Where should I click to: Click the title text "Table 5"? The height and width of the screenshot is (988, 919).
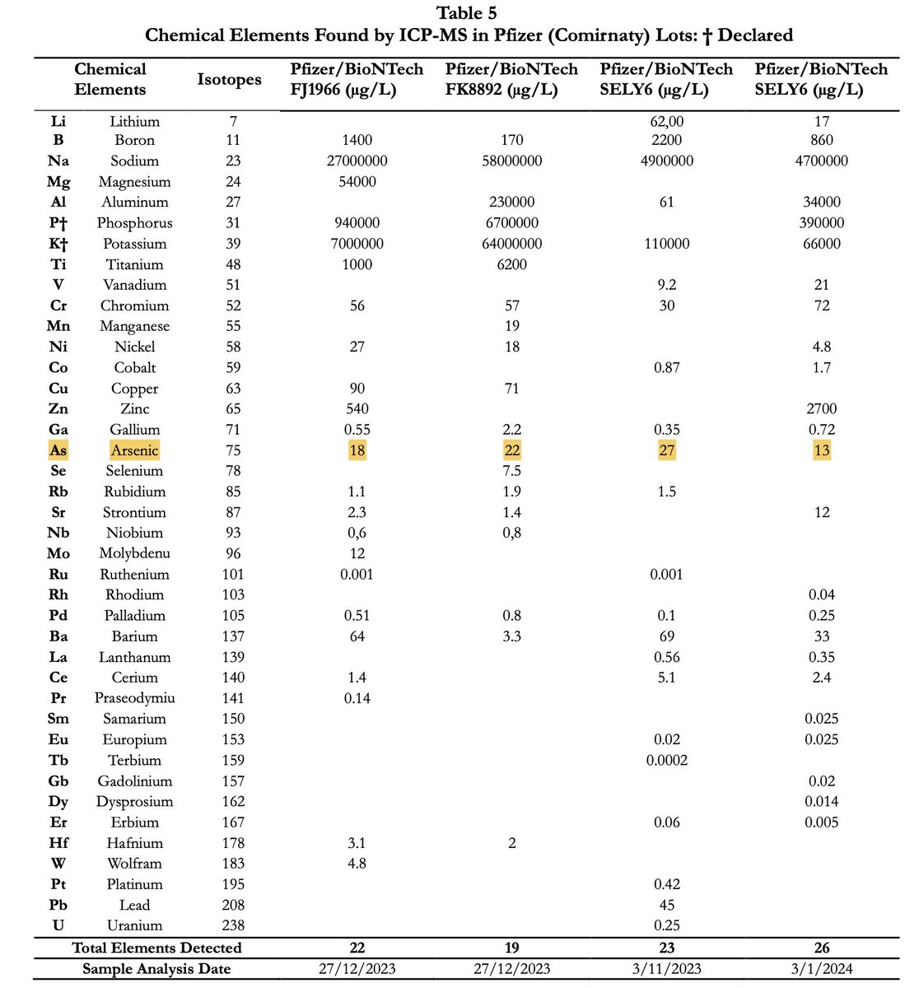tap(466, 13)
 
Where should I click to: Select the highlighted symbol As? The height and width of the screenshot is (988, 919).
tap(58, 450)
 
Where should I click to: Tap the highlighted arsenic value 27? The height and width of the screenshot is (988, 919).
tap(666, 450)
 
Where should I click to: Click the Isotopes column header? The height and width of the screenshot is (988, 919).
tap(229, 80)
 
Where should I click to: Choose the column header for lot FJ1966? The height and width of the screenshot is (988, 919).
tap(357, 80)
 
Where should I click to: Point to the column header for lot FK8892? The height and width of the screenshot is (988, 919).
tap(511, 80)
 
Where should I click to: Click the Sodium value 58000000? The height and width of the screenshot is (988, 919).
tap(511, 161)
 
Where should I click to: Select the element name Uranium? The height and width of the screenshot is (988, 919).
tap(134, 925)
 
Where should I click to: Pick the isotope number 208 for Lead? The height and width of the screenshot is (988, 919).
tap(233, 905)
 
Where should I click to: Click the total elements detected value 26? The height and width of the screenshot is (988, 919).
tap(821, 948)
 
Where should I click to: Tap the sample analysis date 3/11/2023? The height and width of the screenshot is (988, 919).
tap(666, 969)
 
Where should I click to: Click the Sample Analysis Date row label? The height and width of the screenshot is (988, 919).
tap(156, 969)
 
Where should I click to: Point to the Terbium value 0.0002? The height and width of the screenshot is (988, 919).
tap(666, 760)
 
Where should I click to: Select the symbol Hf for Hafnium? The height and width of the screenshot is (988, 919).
tap(58, 843)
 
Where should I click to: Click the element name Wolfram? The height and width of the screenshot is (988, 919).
tap(134, 864)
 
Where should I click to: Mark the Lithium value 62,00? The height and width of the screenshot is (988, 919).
tap(666, 121)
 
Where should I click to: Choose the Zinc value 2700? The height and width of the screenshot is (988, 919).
tap(821, 409)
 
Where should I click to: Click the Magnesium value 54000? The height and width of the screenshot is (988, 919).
tap(357, 182)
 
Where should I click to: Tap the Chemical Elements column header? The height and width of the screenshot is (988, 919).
tap(110, 80)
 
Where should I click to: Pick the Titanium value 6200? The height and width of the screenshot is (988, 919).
tap(511, 264)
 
